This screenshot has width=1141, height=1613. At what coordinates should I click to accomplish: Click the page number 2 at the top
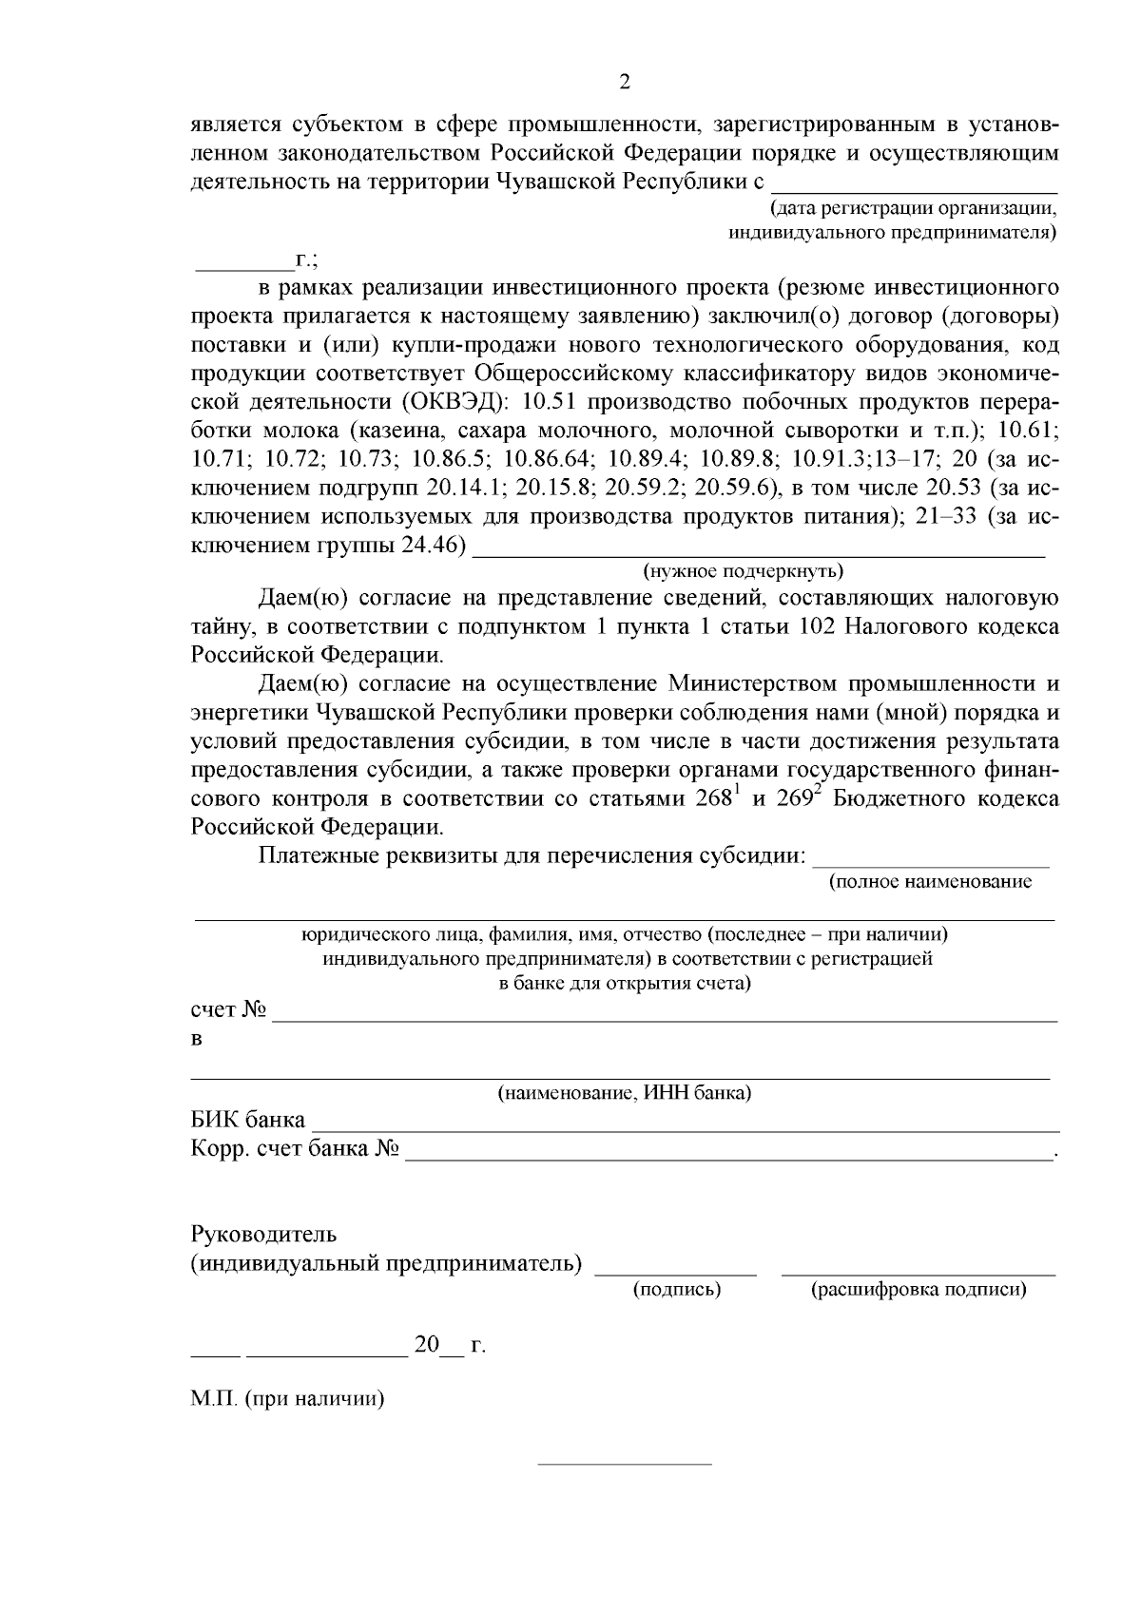click(x=624, y=83)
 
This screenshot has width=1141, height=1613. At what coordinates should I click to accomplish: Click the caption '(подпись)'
click(x=676, y=1290)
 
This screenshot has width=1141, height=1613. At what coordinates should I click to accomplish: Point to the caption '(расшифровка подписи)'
click(x=918, y=1290)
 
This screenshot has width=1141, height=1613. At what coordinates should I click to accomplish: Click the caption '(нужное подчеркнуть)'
click(x=743, y=571)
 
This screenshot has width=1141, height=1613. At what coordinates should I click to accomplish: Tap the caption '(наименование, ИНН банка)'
click(x=625, y=1093)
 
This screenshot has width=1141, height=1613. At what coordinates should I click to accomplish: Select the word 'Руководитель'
click(x=263, y=1235)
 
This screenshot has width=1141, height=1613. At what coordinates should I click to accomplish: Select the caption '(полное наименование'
click(x=930, y=882)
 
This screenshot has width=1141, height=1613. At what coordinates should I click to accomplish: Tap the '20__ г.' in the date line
click(x=448, y=1347)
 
